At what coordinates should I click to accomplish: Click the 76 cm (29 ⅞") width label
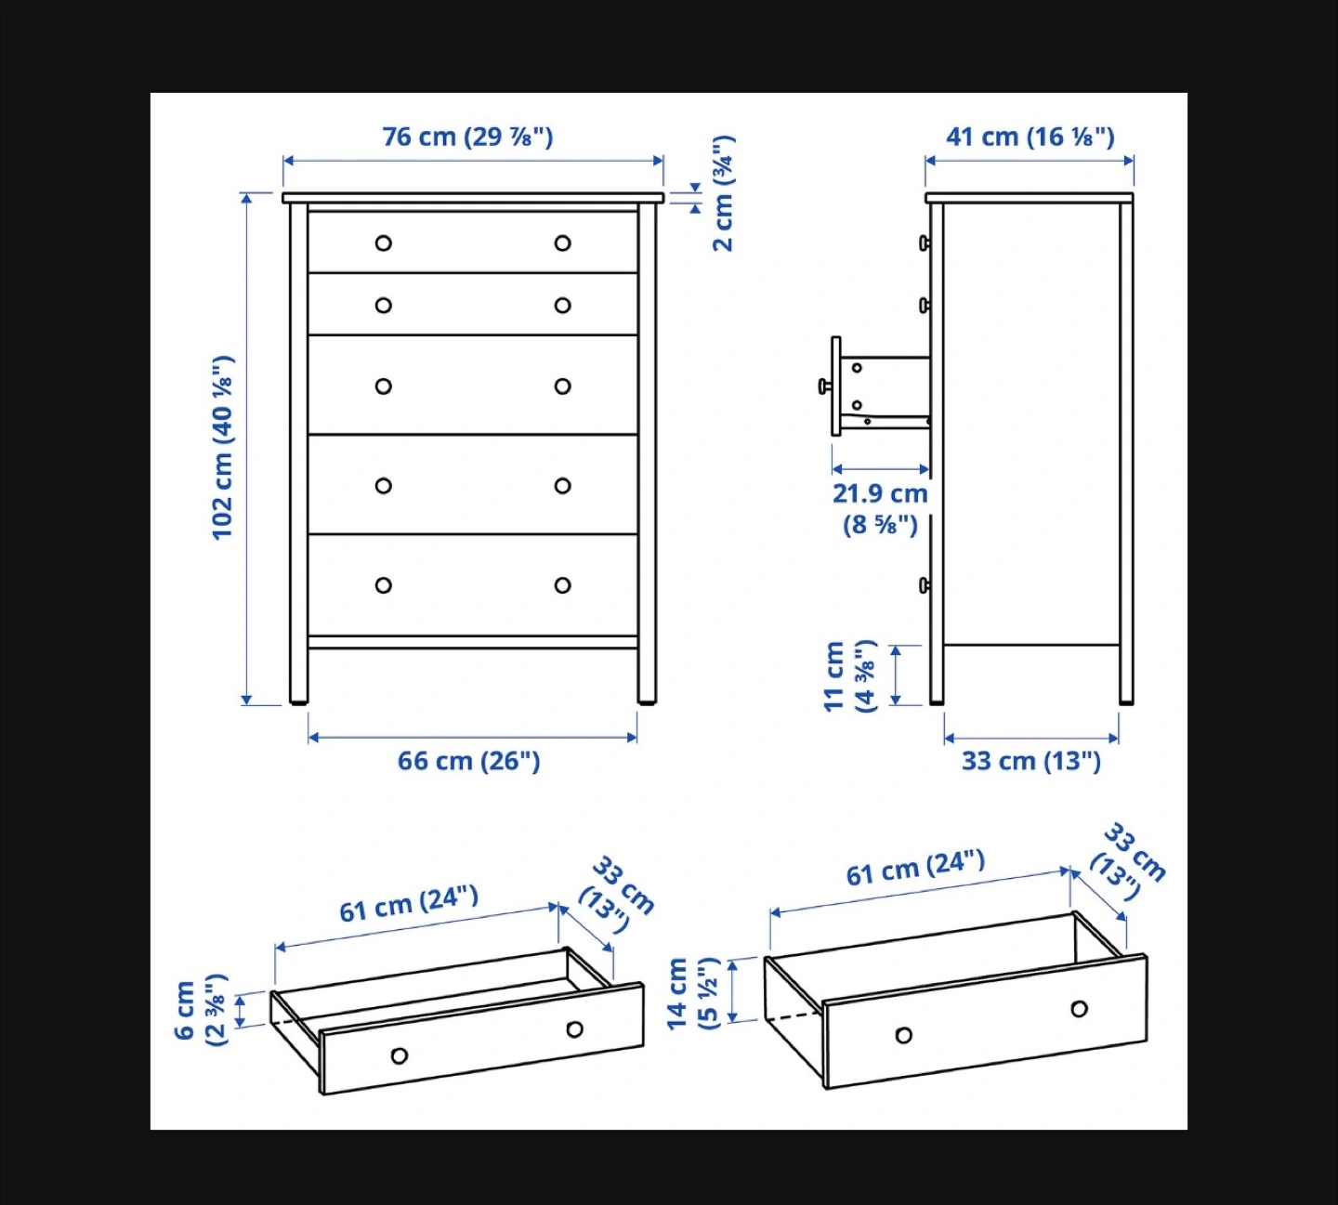[x=467, y=137]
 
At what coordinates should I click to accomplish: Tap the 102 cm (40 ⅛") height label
[x=222, y=448]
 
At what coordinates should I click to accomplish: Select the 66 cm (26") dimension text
[x=469, y=761]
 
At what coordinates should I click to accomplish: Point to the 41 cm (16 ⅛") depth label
[x=1030, y=137]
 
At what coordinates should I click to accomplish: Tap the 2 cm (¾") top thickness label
[x=723, y=193]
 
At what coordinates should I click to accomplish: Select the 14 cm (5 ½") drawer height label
[x=692, y=993]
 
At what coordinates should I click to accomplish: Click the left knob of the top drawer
[x=384, y=242]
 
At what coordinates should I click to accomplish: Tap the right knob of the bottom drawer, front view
[x=562, y=585]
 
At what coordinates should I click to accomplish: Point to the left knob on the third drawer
[x=384, y=386]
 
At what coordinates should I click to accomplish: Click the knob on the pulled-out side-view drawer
[x=825, y=386]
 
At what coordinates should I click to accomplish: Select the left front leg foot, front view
[x=299, y=700]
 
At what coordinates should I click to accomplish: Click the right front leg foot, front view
[x=647, y=700]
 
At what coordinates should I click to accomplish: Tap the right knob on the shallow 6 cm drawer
[x=574, y=1029]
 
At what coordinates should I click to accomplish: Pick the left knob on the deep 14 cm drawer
[x=904, y=1035]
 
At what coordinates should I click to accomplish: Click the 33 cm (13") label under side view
[x=1031, y=761]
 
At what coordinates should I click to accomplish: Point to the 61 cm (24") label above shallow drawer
[x=409, y=903]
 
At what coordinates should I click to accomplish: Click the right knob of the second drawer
[x=562, y=305]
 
